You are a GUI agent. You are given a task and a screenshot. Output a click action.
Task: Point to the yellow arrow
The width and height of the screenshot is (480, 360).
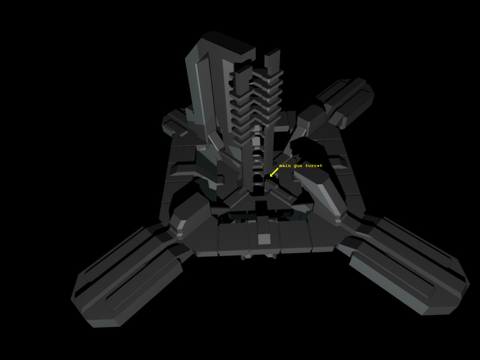pyautogui.click(x=274, y=172)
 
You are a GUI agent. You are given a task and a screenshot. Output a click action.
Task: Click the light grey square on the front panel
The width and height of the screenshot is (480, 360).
pyautogui.click(x=264, y=239)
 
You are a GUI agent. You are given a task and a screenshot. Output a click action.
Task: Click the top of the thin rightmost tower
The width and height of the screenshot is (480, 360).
pyautogui.click(x=272, y=53)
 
